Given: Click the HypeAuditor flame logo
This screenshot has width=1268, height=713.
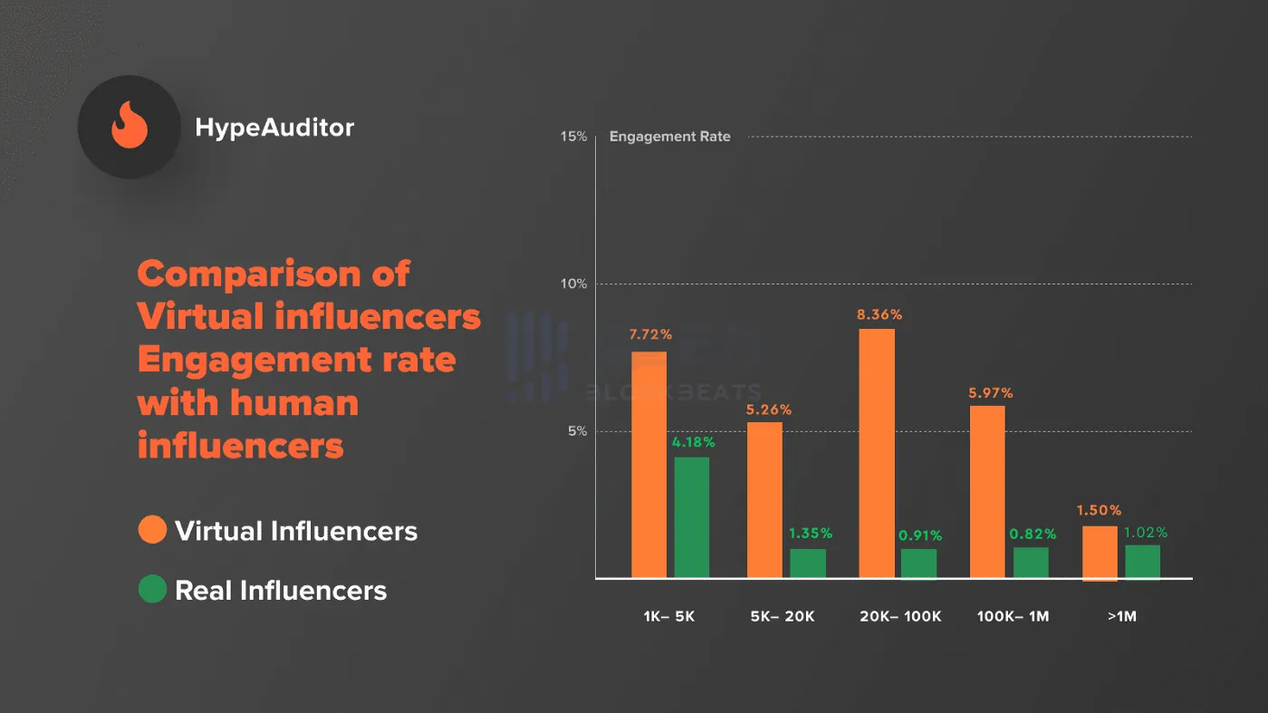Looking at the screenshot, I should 129,127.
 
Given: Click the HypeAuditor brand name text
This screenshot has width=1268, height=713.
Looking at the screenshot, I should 274,128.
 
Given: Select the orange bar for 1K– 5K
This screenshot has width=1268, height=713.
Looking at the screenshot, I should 648,464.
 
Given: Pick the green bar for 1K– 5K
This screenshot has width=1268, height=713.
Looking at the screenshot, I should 692,516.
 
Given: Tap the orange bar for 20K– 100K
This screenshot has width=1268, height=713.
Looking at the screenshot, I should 877,453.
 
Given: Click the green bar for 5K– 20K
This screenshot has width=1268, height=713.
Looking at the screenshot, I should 808,563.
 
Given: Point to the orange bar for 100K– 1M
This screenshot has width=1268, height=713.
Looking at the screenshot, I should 987,491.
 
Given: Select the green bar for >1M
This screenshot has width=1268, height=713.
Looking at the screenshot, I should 1142,561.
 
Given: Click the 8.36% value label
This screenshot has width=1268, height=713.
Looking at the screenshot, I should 879,315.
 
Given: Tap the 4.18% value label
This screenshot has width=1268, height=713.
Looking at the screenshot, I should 692,443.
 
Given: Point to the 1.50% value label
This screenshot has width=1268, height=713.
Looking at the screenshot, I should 1099,511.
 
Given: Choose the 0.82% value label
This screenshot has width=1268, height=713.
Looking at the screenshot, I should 1033,535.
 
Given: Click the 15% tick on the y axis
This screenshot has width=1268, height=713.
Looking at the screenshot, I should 574,137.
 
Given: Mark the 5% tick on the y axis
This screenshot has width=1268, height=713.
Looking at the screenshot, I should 578,431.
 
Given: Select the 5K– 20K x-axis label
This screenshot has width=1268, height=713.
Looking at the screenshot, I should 783,616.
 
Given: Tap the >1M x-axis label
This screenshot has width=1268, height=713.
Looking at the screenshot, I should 1120,616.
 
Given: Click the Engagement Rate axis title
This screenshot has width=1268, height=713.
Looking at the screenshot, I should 669,137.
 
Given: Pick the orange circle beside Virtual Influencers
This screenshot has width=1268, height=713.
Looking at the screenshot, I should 152,530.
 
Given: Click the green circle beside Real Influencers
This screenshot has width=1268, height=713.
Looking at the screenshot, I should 152,590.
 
